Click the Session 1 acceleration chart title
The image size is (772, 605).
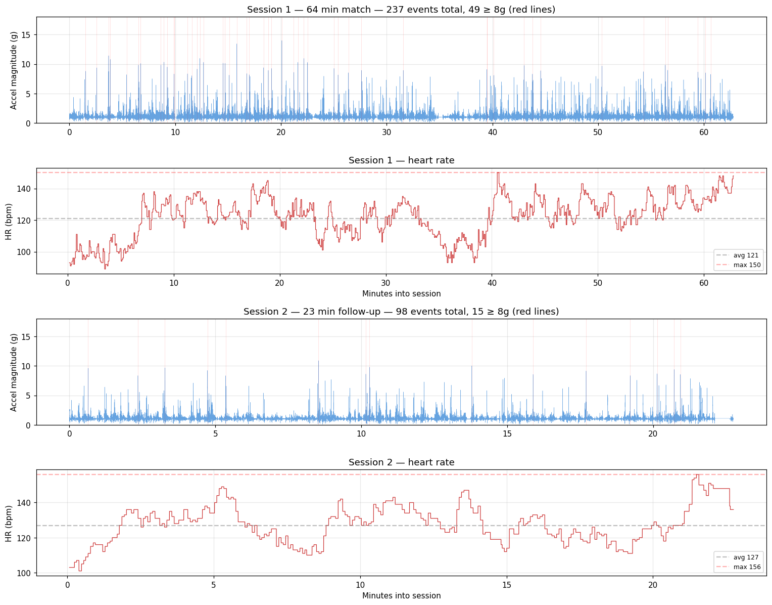[401, 10]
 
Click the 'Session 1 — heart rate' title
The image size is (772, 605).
[401, 160]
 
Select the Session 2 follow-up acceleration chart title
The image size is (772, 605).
[401, 312]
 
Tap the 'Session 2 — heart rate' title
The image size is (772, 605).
[401, 462]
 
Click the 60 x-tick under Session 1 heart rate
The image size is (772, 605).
[704, 282]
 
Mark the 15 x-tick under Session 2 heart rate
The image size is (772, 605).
[506, 584]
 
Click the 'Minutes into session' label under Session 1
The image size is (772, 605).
[401, 294]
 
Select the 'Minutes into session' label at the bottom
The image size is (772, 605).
[401, 596]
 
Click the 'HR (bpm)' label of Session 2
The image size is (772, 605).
[9, 523]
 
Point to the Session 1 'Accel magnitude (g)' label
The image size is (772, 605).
[14, 70]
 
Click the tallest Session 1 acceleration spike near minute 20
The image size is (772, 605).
[281, 41]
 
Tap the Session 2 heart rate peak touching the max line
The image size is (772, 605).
[698, 475]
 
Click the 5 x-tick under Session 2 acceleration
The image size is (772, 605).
[215, 434]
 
